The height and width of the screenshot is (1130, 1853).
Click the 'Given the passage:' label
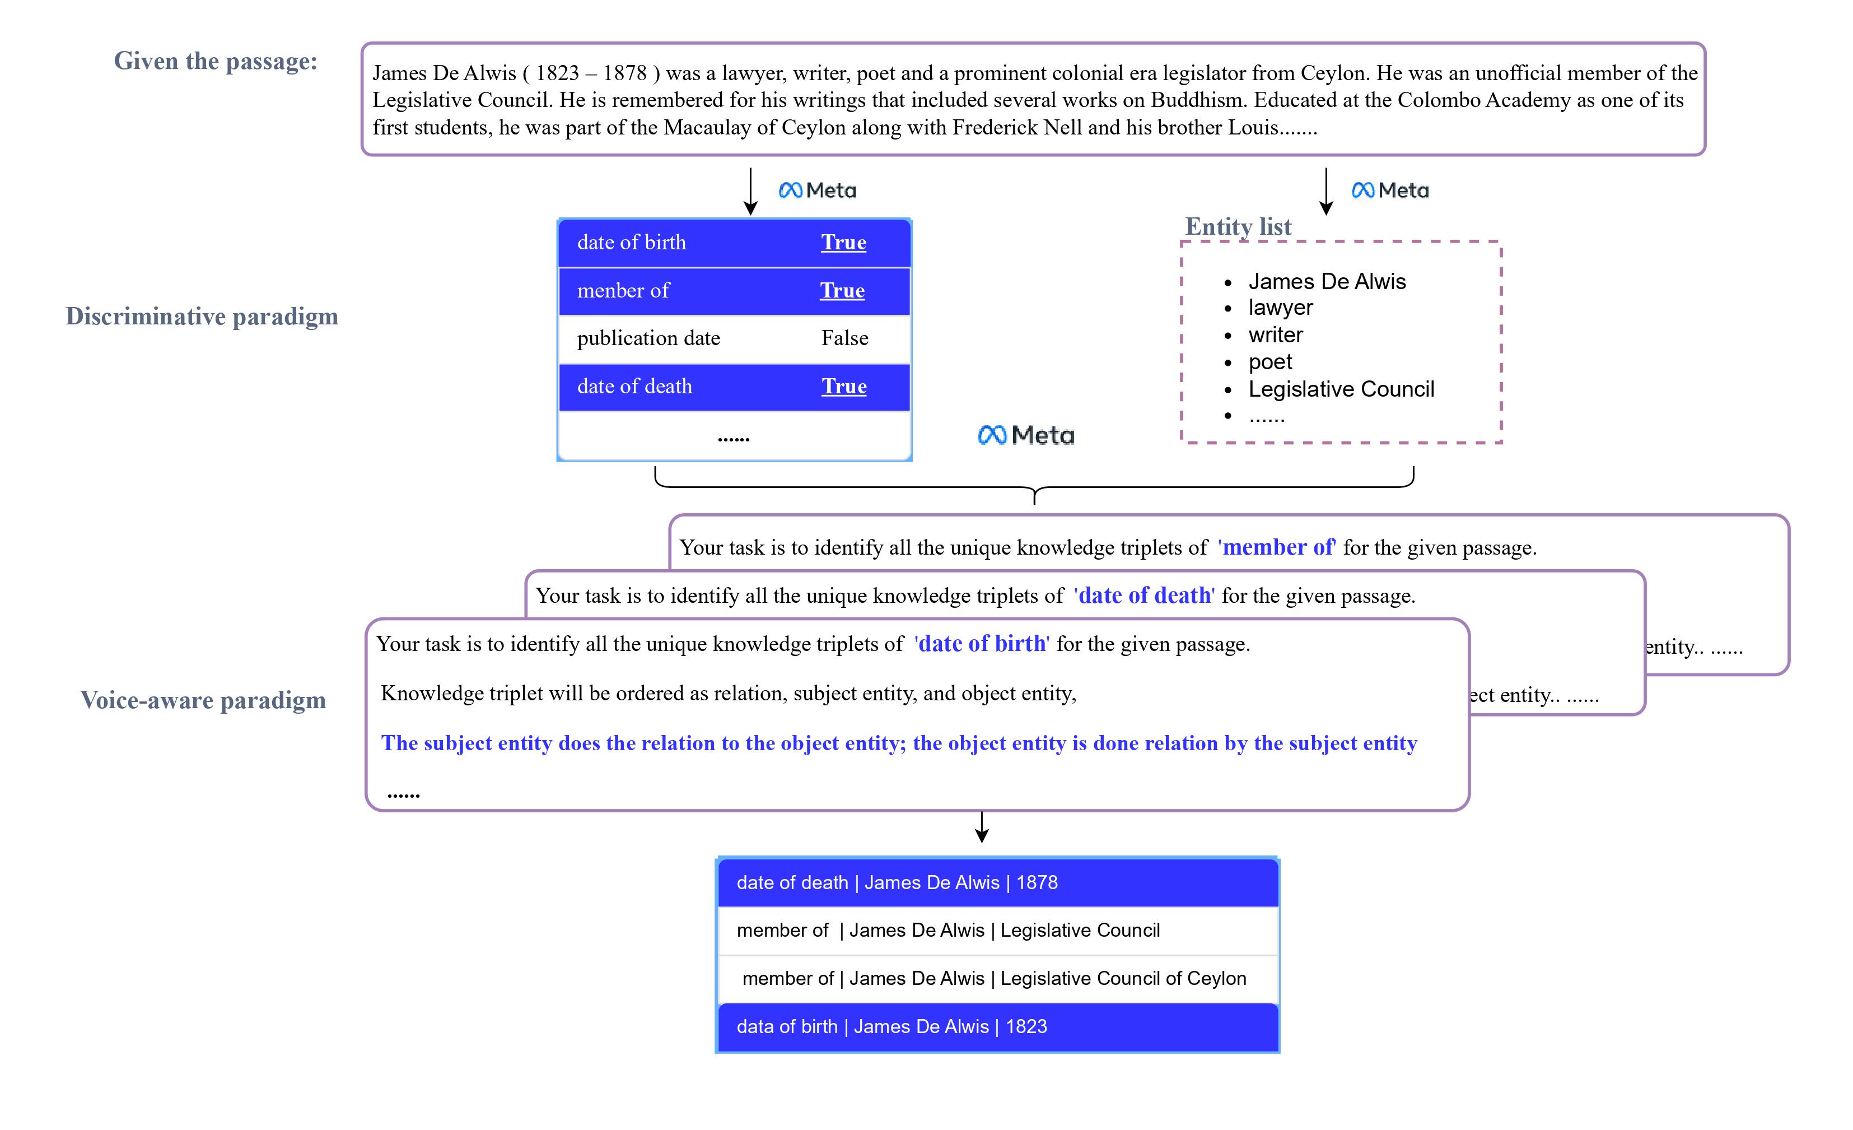coord(215,61)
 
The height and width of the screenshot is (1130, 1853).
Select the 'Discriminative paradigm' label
coord(202,316)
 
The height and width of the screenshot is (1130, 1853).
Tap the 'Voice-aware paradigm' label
coord(203,700)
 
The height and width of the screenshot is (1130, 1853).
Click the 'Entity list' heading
coord(1238,226)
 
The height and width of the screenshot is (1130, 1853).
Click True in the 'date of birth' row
coord(843,242)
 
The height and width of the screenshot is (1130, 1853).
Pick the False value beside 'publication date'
coord(844,338)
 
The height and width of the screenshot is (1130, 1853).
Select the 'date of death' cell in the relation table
coord(634,387)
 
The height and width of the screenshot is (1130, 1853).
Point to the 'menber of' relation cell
coord(623,290)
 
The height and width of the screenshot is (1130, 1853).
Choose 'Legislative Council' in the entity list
coord(1341,389)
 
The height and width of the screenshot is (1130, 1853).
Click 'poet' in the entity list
coord(1269,362)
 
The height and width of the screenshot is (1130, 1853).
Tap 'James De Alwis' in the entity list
coord(1327,281)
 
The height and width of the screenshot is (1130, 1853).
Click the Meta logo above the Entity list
coord(1390,191)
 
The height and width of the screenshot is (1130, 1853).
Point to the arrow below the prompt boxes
coord(982,827)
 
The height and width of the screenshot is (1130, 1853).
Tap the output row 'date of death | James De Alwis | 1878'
coord(897,882)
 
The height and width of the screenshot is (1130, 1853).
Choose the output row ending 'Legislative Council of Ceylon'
coord(993,979)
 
